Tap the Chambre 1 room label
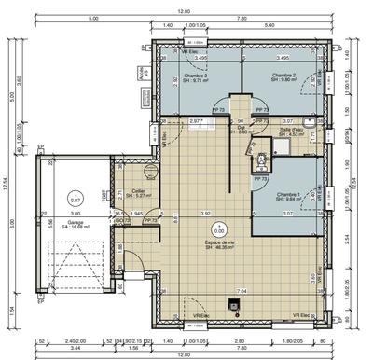click(x=290, y=196)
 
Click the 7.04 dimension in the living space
click(x=242, y=291)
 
